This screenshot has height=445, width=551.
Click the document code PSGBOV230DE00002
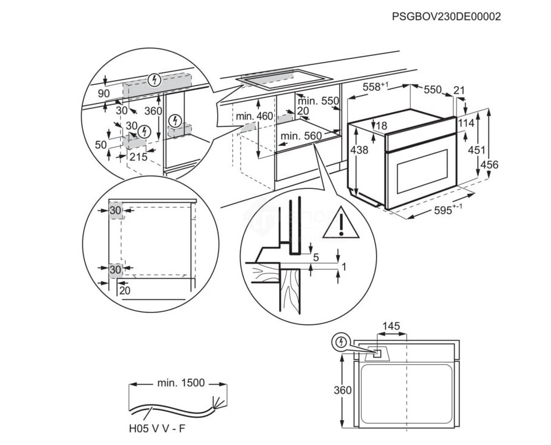click(x=446, y=17)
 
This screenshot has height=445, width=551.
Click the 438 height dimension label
click(x=359, y=151)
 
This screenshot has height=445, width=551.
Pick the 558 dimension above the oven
click(x=375, y=87)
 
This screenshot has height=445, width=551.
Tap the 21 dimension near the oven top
click(x=459, y=90)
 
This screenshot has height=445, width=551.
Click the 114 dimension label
click(x=466, y=123)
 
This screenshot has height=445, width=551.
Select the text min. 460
click(x=254, y=116)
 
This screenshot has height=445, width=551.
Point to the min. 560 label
click(x=301, y=137)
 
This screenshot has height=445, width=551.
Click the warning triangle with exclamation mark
click(x=340, y=223)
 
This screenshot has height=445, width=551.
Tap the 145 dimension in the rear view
click(x=390, y=326)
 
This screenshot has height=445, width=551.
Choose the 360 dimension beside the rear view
click(x=342, y=390)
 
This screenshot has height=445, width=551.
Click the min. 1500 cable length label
click(x=181, y=382)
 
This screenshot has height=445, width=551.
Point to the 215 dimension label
click(x=138, y=157)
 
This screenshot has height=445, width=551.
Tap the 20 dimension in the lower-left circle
click(x=125, y=291)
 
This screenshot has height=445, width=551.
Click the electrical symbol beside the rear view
click(x=342, y=342)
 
